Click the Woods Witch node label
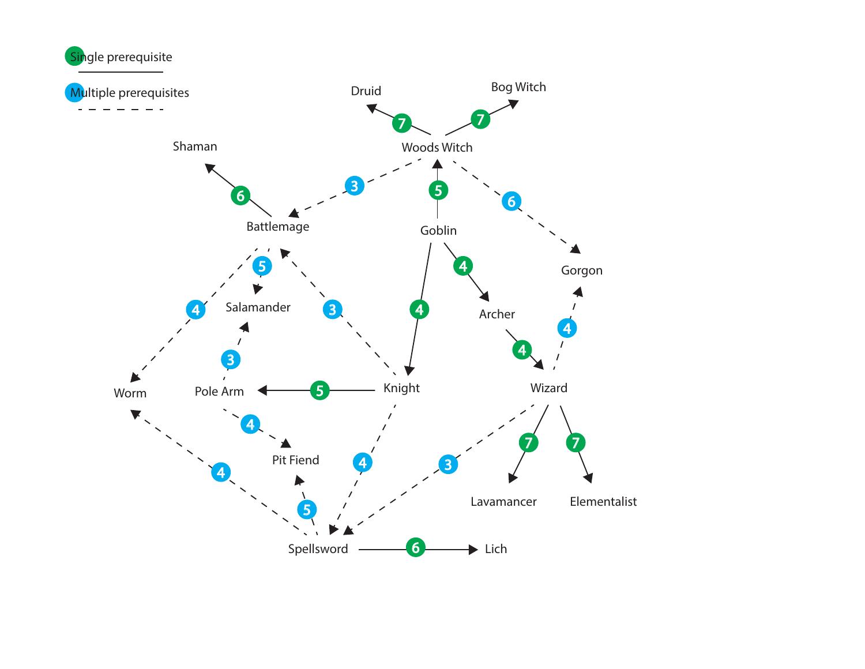coord(437,148)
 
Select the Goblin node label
coord(438,231)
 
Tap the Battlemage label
coord(277,227)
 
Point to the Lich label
coord(495,549)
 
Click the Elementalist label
coord(603,502)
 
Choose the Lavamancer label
coord(503,502)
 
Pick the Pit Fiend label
coord(295,460)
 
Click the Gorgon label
coord(581,270)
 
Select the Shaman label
coord(195,146)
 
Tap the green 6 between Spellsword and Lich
coord(415,547)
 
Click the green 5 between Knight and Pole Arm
coord(319,390)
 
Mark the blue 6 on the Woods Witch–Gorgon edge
coord(511,201)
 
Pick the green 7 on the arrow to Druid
coord(402,123)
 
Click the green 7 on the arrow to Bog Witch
coord(480,119)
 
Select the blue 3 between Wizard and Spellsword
coord(448,464)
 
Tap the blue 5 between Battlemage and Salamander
coord(262,266)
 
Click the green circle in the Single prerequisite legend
coord(74,56)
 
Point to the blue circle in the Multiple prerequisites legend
coord(74,92)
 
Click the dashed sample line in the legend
coord(121,110)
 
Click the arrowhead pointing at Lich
coord(474,550)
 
